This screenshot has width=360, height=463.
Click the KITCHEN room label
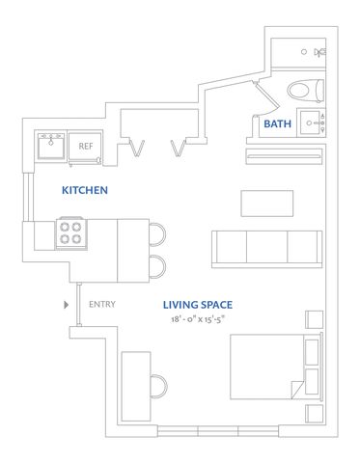[x=85, y=190]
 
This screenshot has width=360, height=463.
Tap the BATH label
[x=277, y=123]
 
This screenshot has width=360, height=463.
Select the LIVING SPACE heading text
[x=198, y=305]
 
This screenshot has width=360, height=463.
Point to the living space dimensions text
[x=198, y=319]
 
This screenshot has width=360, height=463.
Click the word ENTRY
[x=102, y=304]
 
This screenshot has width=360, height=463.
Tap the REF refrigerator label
[x=86, y=147]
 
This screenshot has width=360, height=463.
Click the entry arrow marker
[x=67, y=305]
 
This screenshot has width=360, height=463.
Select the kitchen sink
[x=51, y=146]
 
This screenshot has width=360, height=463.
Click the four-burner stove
[x=71, y=233]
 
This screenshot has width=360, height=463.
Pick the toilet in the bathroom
[x=305, y=91]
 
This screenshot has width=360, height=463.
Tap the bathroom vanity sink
[x=311, y=123]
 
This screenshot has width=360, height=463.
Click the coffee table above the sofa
[x=267, y=204]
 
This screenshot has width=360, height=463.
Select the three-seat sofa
[x=266, y=249]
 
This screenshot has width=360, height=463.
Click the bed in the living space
[x=276, y=367]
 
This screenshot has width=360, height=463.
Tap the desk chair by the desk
[x=159, y=386]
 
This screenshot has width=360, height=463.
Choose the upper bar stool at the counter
[x=157, y=234]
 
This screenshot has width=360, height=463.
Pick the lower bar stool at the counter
[x=157, y=266]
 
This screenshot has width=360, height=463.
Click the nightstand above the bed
[x=314, y=319]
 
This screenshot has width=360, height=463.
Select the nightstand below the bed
[x=314, y=414]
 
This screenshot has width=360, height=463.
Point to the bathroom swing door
[x=266, y=95]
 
